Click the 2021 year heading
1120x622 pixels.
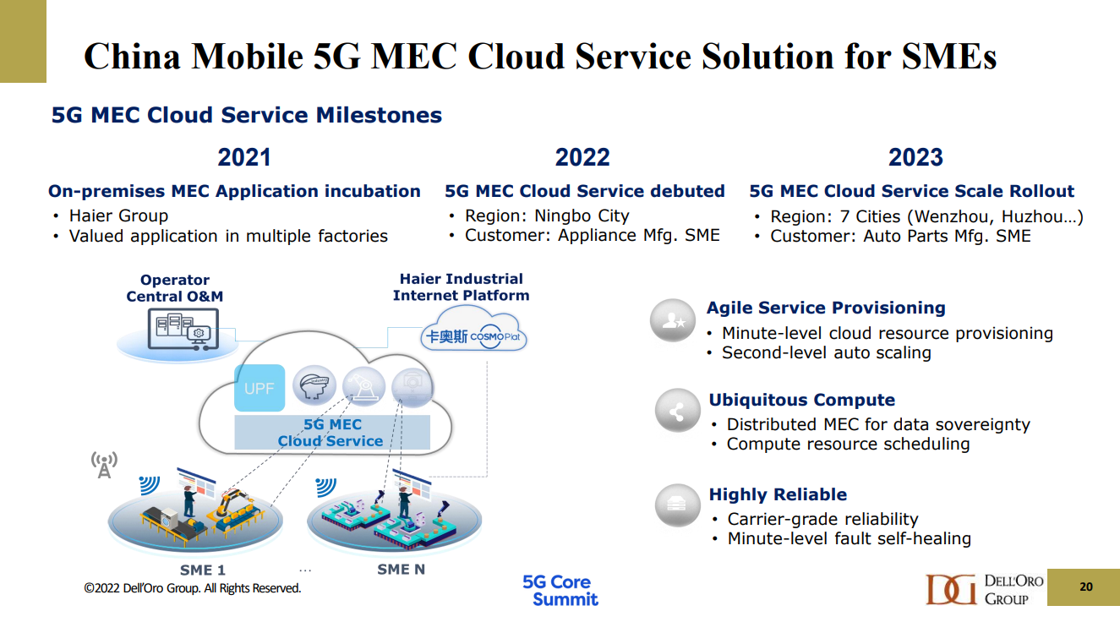(244, 157)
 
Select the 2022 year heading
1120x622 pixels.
(582, 157)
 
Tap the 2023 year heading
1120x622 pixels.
(915, 157)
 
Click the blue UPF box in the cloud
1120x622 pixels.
(260, 388)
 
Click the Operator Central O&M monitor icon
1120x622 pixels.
(183, 329)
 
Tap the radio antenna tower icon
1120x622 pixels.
(104, 465)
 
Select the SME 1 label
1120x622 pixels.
(203, 570)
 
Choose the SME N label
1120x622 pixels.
(401, 569)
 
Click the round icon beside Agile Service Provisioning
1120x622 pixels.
(673, 320)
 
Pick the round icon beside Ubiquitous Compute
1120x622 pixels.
(678, 411)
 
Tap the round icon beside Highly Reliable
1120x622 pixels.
(678, 505)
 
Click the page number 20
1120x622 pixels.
(1086, 587)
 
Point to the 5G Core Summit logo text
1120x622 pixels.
(560, 591)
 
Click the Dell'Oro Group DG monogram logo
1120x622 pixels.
(951, 590)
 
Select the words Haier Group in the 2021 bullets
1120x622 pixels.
(118, 216)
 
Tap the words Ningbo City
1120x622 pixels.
(582, 216)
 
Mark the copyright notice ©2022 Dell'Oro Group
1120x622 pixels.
(193, 588)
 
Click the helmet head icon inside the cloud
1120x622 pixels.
(314, 386)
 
